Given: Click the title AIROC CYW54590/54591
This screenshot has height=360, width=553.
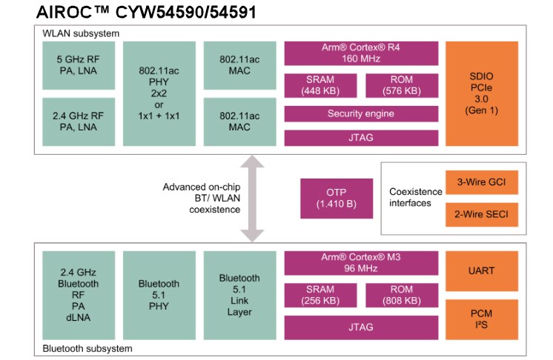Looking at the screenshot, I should pos(148,13).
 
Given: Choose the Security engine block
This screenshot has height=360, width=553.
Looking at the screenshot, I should pos(360,113).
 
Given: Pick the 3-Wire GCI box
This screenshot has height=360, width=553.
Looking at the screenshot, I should pos(481,182).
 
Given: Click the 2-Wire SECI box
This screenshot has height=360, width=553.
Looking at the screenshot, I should pos(481,215).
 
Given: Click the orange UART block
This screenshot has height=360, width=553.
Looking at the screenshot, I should pos(481,271).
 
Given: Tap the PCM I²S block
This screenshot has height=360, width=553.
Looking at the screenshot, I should pos(481,319).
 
